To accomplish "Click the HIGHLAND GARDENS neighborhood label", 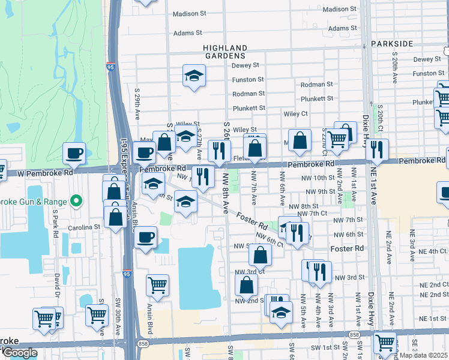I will tap(225, 52).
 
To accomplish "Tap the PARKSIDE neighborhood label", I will tap(392, 44).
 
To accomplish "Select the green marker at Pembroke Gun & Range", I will tap(76, 200).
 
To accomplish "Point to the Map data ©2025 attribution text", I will tap(424, 355).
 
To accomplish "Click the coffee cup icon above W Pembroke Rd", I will tap(74, 153).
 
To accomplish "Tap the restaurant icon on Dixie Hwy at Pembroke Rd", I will tap(376, 150).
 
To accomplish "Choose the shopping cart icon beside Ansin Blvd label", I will tap(157, 286).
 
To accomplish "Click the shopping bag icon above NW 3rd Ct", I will tap(259, 254).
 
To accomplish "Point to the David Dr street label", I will tap(58, 286).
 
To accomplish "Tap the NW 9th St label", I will tap(319, 192).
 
